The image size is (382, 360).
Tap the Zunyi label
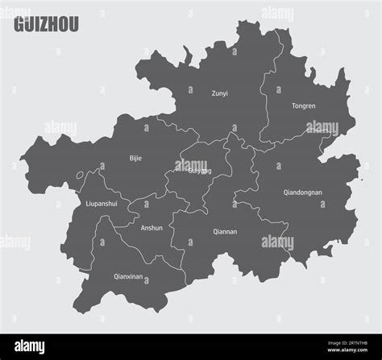tap(219, 93)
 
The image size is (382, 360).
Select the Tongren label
tap(304, 106)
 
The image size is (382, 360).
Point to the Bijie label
tap(135, 158)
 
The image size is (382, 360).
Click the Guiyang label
tap(199, 171)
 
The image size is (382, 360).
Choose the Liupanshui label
tap(102, 204)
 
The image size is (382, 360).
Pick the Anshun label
tap(152, 228)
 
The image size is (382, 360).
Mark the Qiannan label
tap(225, 232)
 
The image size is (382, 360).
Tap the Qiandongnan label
tap(302, 192)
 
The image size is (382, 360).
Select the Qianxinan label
tap(130, 276)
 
